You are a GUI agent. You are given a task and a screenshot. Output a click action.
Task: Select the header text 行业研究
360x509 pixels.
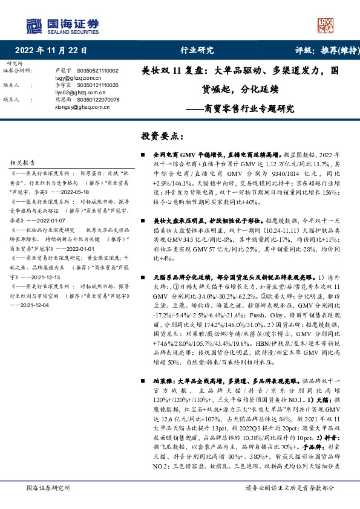tap(197, 51)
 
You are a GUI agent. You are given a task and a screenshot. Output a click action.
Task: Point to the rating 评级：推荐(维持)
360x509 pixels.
tap(320, 51)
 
